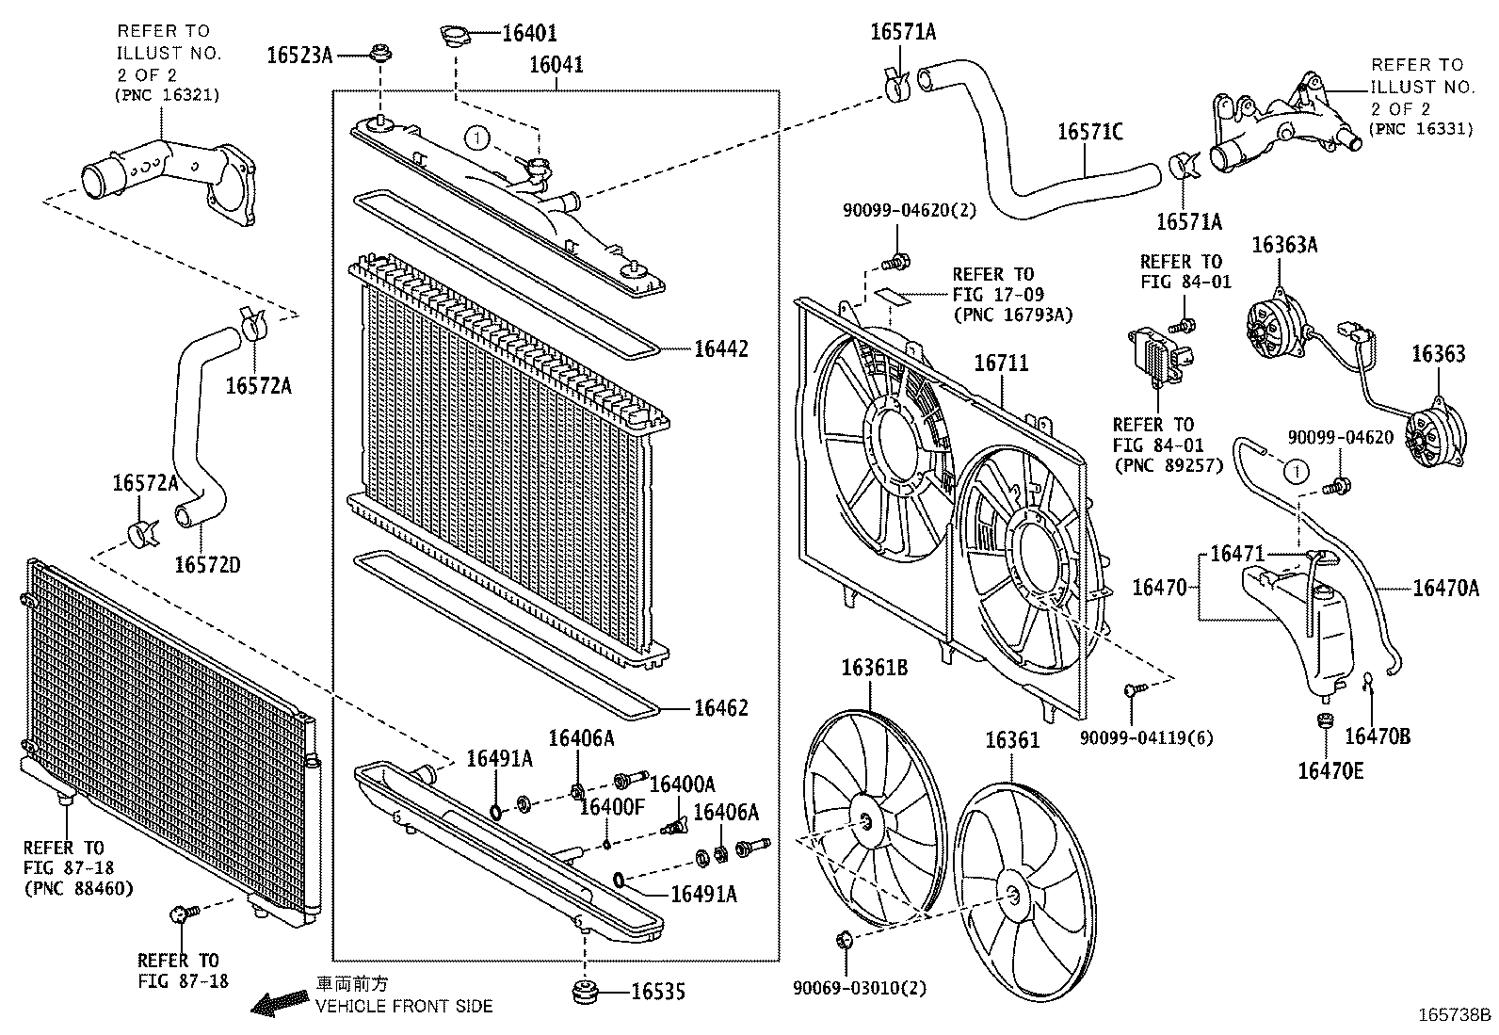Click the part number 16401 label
click(x=529, y=33)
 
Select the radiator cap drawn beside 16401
click(x=455, y=37)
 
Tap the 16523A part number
click(x=299, y=55)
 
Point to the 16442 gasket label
click(x=721, y=349)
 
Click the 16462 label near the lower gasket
click(x=721, y=708)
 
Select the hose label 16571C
click(x=1090, y=132)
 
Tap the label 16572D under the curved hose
click(x=207, y=564)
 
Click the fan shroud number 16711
click(x=1001, y=363)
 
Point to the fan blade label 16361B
click(x=874, y=668)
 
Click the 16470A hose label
click(x=1446, y=589)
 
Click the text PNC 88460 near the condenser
click(x=78, y=887)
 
